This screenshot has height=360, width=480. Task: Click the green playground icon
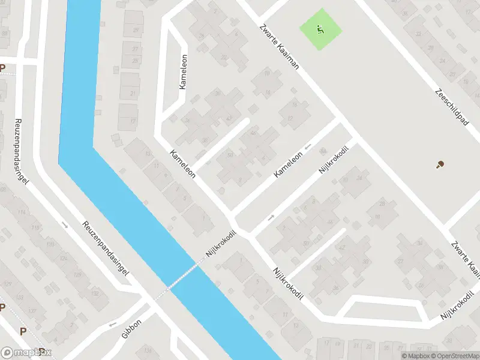coord(320,29)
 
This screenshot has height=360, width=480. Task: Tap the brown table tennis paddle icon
coord(441,164)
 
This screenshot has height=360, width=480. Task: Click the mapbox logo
coord(26,353)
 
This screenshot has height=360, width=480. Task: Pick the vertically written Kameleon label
coord(183,72)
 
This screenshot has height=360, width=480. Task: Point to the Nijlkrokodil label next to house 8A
coord(334,161)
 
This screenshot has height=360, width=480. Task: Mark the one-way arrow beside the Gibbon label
coord(112,325)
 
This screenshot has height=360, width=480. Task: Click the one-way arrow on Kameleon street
coord(308,146)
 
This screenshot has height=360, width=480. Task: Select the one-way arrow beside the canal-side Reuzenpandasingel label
coord(65,225)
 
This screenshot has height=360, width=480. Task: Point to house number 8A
coord(323,151)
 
